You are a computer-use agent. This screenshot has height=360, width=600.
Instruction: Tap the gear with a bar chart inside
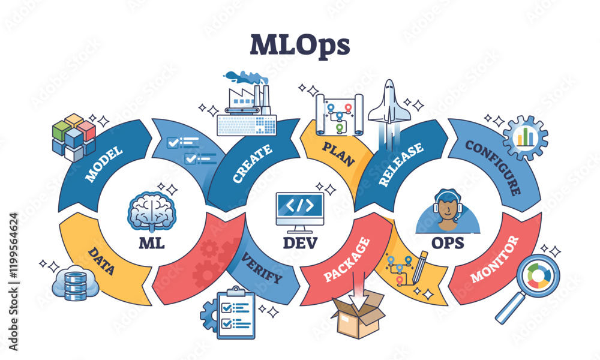(525, 137)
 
